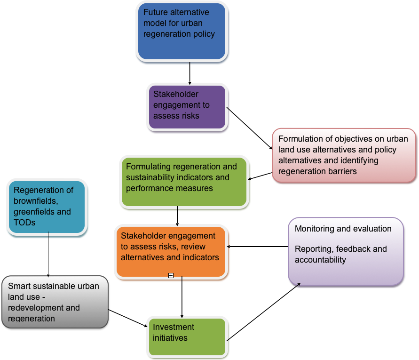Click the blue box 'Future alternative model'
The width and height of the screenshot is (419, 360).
click(182, 32)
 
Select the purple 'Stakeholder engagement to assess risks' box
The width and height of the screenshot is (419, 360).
click(187, 107)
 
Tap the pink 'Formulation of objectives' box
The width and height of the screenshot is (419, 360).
click(344, 155)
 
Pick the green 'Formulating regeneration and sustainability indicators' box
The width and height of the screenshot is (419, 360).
click(184, 182)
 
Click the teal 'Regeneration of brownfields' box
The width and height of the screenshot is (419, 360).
click(47, 207)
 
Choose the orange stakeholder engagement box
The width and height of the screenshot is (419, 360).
click(171, 251)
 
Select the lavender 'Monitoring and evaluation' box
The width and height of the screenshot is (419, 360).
click(346, 251)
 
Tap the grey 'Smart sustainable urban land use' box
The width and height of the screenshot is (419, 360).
click(55, 302)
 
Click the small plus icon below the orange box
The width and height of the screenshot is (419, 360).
click(171, 276)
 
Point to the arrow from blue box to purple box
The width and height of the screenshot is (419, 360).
click(190, 73)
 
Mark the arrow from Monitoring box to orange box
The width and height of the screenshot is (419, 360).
click(257, 246)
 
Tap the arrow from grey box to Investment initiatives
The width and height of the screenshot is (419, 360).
click(127, 317)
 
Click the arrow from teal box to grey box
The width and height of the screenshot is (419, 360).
click(48, 254)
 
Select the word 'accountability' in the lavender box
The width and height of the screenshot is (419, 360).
click(320, 260)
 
